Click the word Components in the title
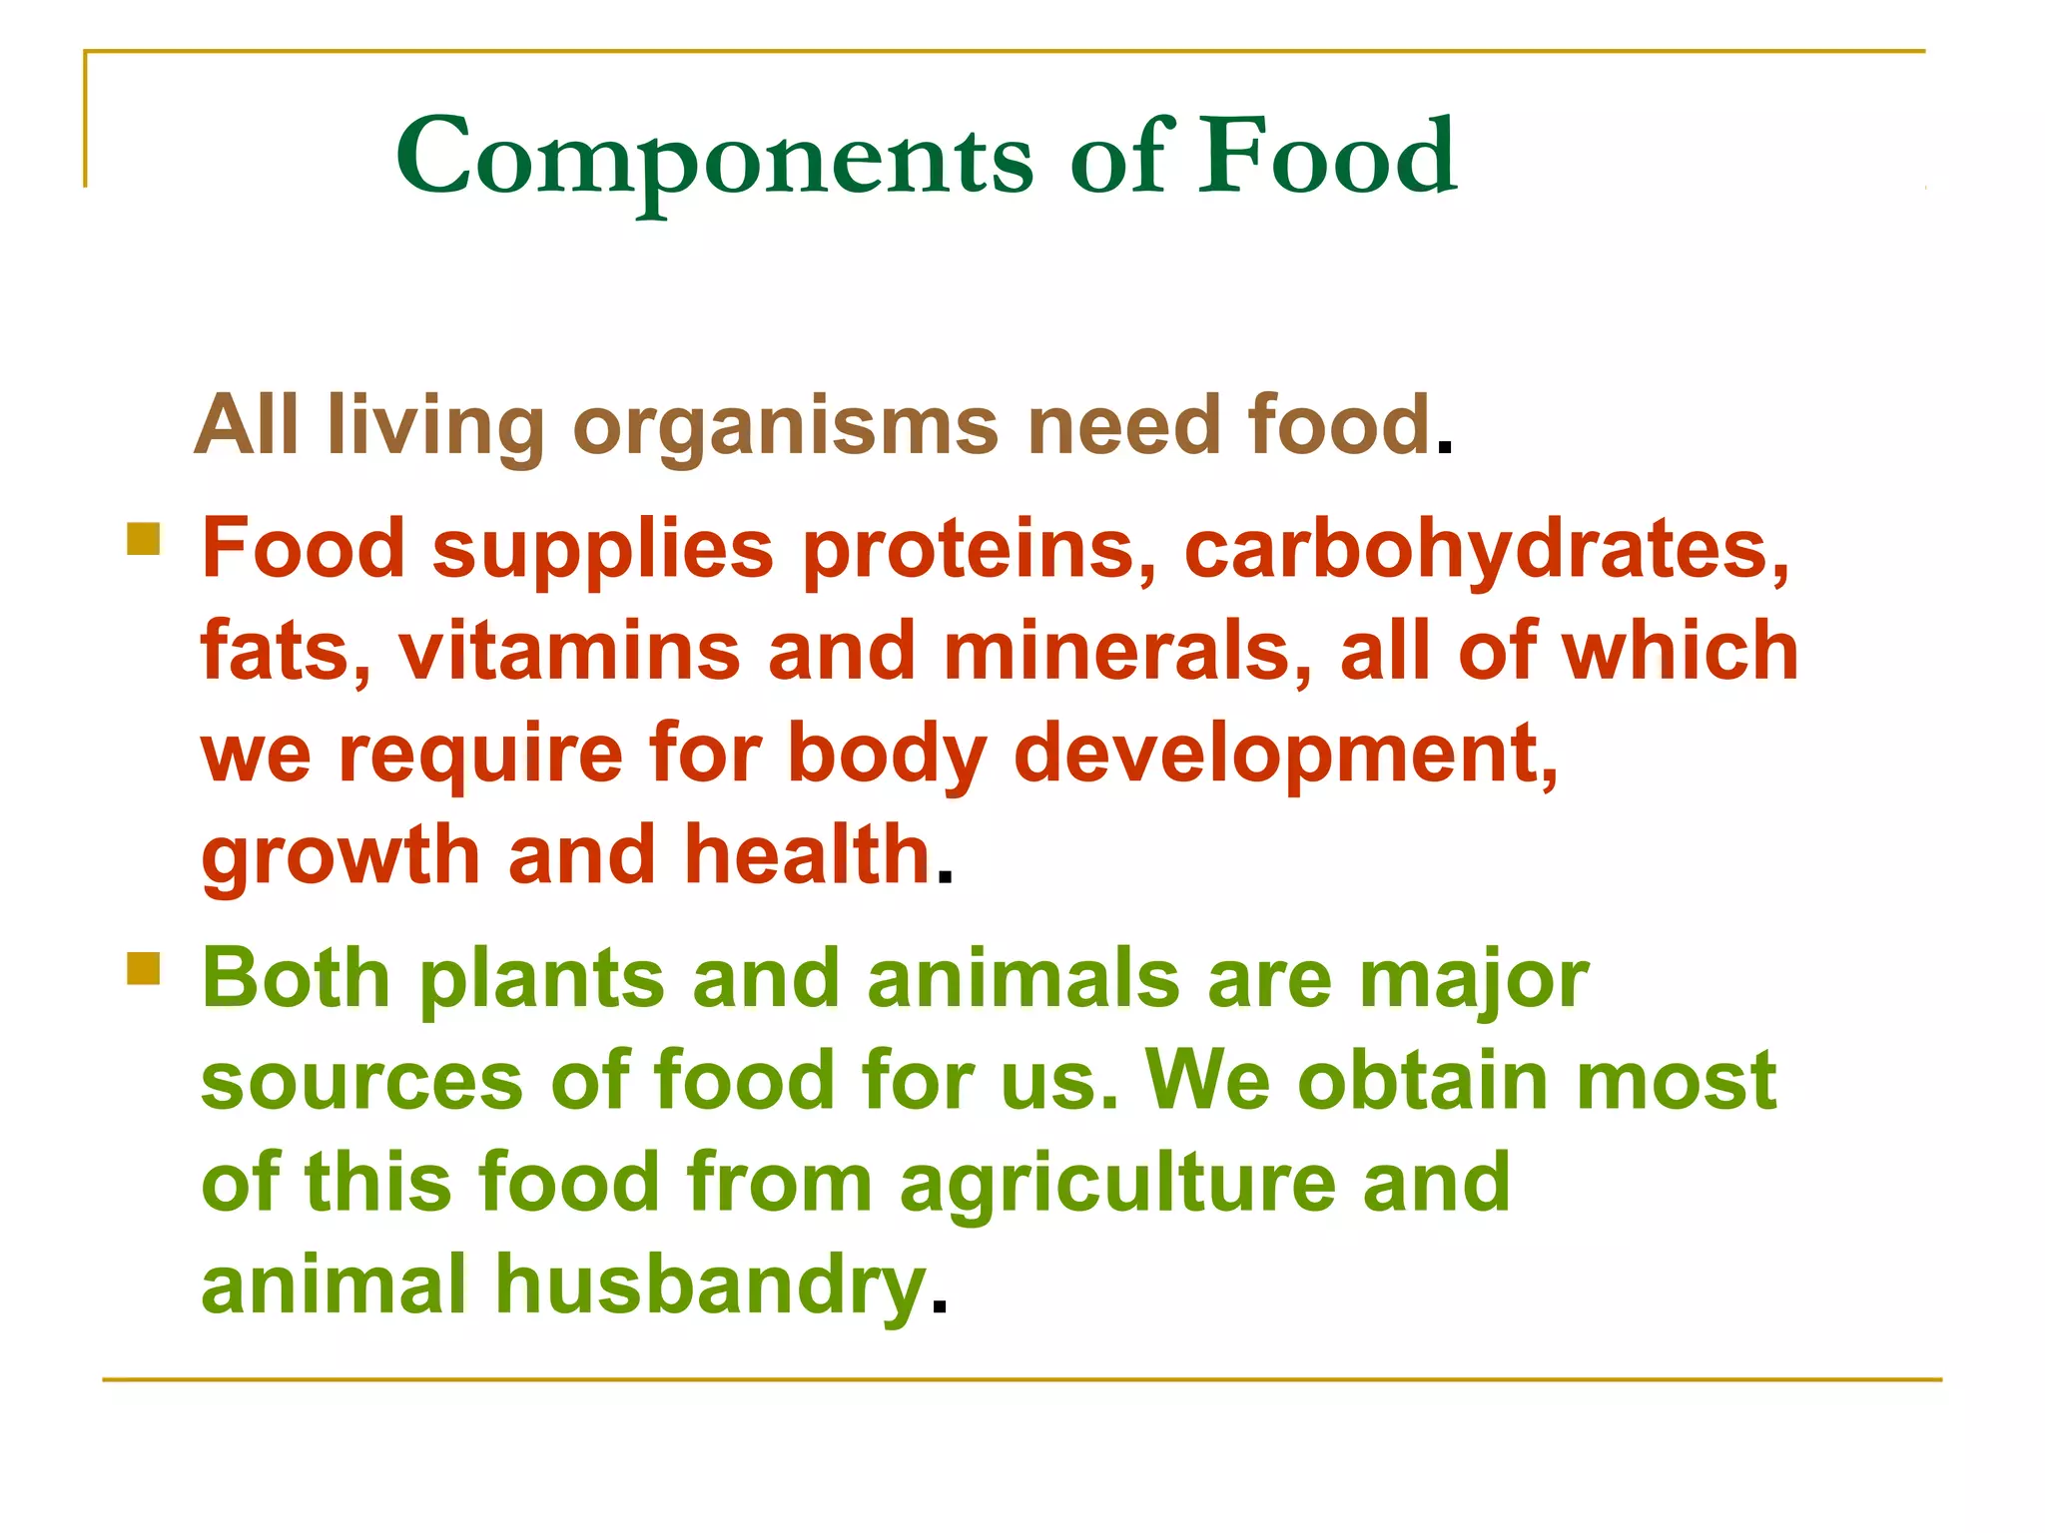714,158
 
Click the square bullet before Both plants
144,968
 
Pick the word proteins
980,549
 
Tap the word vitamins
569,651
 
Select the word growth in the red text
341,856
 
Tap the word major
1473,981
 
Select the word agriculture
1117,1185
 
